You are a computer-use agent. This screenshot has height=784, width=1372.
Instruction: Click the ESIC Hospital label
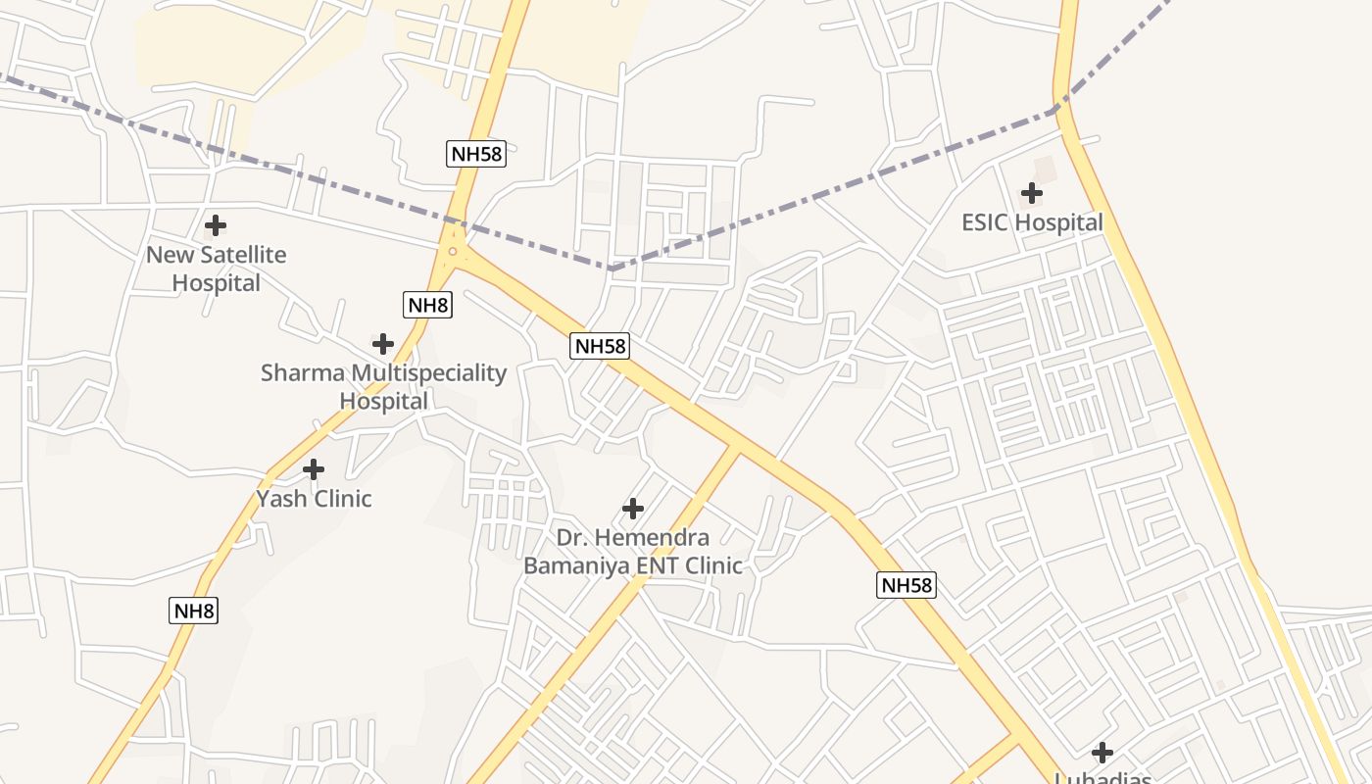[x=1032, y=222]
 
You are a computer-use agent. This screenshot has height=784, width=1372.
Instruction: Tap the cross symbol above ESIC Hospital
[x=1032, y=193]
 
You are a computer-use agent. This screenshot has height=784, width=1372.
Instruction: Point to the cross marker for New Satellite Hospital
[x=216, y=225]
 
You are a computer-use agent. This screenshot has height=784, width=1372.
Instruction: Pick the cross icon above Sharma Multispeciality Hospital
[x=383, y=344]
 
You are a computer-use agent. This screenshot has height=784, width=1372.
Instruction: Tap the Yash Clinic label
[x=314, y=499]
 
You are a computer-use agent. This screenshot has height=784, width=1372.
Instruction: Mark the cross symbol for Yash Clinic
[x=314, y=469]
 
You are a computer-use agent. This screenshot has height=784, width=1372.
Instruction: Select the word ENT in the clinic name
[x=657, y=565]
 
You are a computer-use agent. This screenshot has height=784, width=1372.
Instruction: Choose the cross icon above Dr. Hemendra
[x=633, y=509]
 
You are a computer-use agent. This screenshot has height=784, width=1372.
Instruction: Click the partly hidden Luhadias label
[x=1102, y=778]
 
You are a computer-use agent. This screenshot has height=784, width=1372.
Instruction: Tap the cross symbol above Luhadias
[x=1102, y=753]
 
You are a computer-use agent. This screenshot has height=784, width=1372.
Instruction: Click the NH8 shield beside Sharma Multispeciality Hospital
[x=427, y=305]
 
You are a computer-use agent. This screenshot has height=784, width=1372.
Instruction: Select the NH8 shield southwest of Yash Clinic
[x=193, y=612]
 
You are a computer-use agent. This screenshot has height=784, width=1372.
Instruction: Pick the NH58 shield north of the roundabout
[x=476, y=153]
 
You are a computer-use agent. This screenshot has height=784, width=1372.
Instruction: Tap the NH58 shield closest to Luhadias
[x=906, y=586]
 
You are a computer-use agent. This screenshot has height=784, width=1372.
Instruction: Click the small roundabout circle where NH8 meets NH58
[x=452, y=252]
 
